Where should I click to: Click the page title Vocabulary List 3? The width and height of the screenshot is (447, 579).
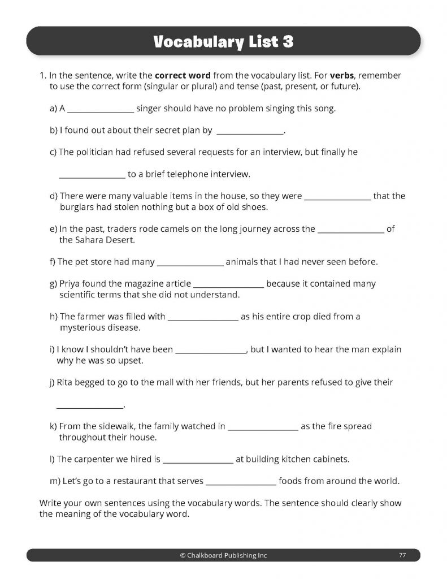coord(223,42)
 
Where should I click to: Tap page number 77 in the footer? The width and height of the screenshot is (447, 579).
coord(402,555)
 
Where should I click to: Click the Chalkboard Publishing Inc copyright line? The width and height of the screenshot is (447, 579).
coord(223,555)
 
